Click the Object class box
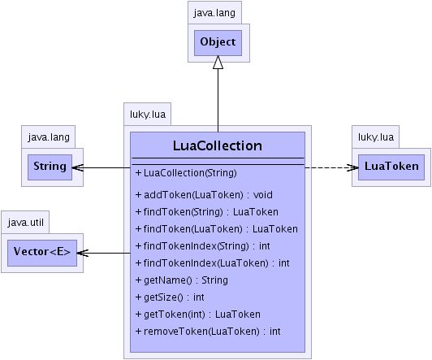(x=218, y=43)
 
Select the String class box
(x=50, y=167)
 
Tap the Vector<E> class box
(x=42, y=253)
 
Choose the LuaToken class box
(x=391, y=167)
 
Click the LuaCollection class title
(x=218, y=145)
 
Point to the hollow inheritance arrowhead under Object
(x=218, y=63)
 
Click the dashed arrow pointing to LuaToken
(x=331, y=167)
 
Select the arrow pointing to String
(x=102, y=167)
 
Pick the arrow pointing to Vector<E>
(x=104, y=253)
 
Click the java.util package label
(x=26, y=222)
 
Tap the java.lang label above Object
(x=214, y=13)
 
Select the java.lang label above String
(x=49, y=137)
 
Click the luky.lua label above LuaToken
(x=376, y=137)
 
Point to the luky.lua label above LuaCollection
(x=148, y=114)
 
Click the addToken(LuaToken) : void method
(x=204, y=195)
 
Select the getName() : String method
(x=182, y=280)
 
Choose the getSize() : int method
(x=170, y=297)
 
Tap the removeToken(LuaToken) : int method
(x=208, y=332)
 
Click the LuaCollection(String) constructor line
(x=186, y=173)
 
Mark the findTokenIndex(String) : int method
(x=203, y=246)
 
